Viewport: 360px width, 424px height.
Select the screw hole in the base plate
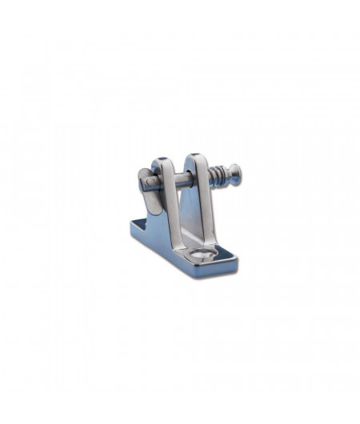tap(206, 255)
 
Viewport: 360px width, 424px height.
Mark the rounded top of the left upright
tap(164, 165)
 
